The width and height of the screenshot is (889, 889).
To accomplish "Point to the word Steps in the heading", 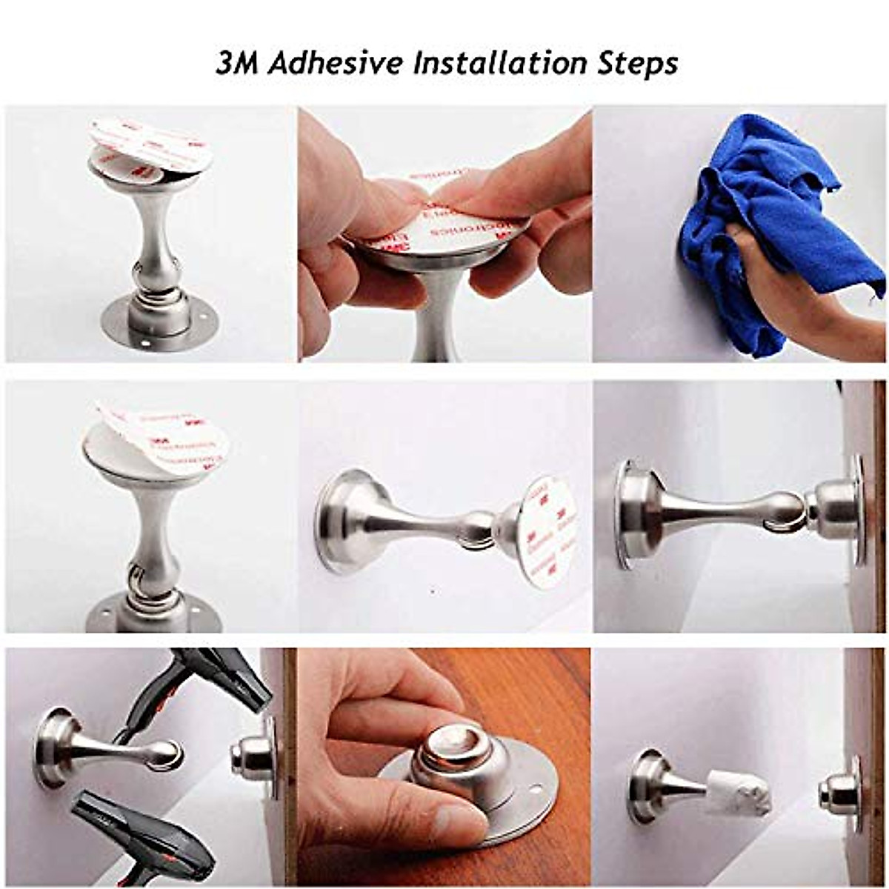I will pyautogui.click(x=637, y=64).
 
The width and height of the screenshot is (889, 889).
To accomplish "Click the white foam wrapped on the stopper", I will pyautogui.click(x=737, y=793).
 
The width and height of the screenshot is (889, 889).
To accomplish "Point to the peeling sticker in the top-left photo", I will pyautogui.click(x=152, y=144).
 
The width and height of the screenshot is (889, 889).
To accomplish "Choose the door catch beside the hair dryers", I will pyautogui.click(x=256, y=756).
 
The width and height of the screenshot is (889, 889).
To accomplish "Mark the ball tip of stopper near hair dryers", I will pyautogui.click(x=167, y=754).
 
